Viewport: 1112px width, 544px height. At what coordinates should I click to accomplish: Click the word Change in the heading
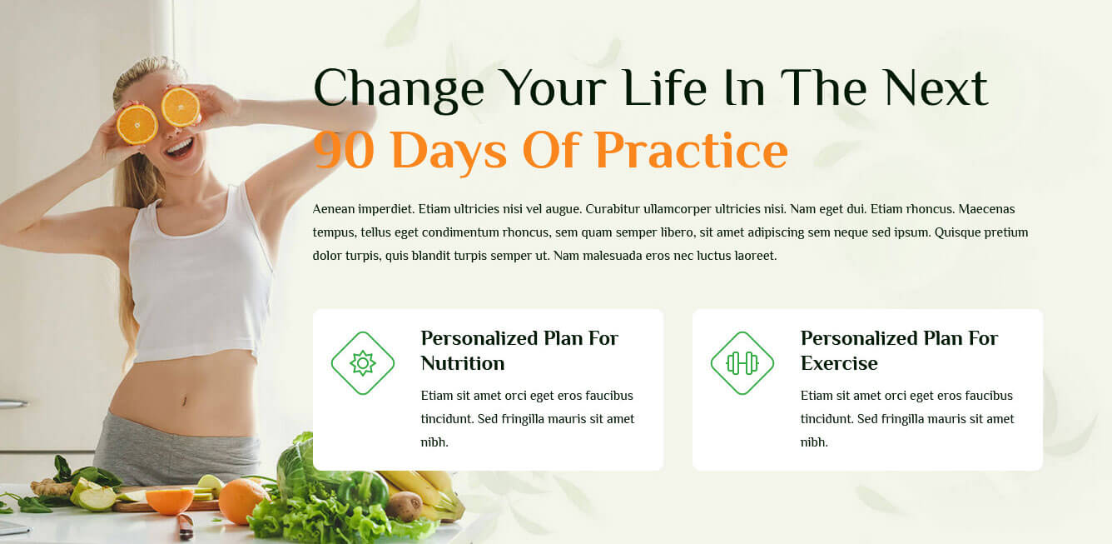[x=399, y=89]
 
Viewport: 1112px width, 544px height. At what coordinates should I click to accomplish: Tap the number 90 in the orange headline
[x=344, y=150]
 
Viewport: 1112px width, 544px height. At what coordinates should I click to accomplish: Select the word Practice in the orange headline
[x=692, y=150]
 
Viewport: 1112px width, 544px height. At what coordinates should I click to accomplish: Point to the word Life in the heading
[x=665, y=87]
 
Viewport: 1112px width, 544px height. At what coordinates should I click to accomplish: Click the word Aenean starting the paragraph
[x=334, y=209]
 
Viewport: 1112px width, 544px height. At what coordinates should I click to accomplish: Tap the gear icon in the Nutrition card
[x=363, y=363]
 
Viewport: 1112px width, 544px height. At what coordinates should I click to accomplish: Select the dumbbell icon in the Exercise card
[x=742, y=363]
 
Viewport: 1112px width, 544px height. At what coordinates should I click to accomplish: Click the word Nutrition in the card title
[x=463, y=364]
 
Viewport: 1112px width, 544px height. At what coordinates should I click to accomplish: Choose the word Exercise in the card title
[x=839, y=364]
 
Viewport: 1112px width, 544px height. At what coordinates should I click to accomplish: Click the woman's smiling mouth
[x=179, y=147]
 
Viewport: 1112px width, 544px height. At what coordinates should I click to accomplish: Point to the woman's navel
[x=184, y=401]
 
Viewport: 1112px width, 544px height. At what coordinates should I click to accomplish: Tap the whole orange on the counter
[x=243, y=501]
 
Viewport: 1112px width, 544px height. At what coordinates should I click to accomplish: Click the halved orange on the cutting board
[x=170, y=502]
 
